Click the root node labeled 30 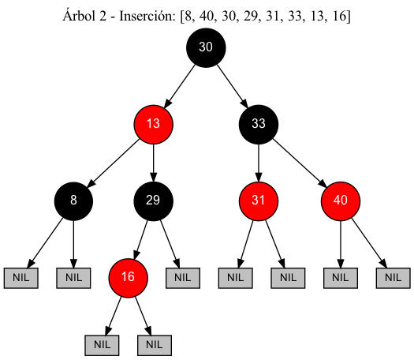coord(206,47)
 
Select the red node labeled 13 coord(153,123)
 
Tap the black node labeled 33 coord(259,123)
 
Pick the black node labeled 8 coord(73,200)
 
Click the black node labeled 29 coord(153,200)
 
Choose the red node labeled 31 coord(259,200)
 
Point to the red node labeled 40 coord(341,200)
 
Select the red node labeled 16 coord(129,276)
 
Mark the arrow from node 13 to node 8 coord(114,161)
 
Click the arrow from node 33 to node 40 coord(300,161)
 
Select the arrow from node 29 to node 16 coord(141,238)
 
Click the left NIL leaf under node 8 coord(21,277)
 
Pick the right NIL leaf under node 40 coord(393,277)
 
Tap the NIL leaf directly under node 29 coord(182,277)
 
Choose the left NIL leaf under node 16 coord(102,345)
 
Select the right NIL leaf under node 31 coord(288,277)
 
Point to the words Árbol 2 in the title coord(84,16)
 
